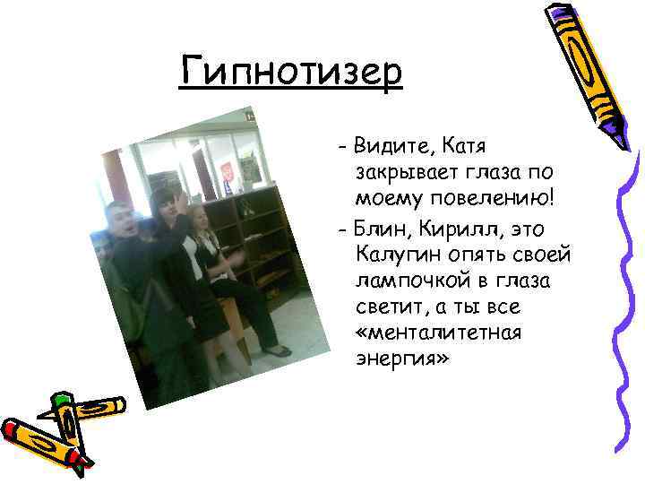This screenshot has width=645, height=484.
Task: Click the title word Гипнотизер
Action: coord(291,71)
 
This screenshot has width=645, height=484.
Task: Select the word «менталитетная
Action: coord(425,333)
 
